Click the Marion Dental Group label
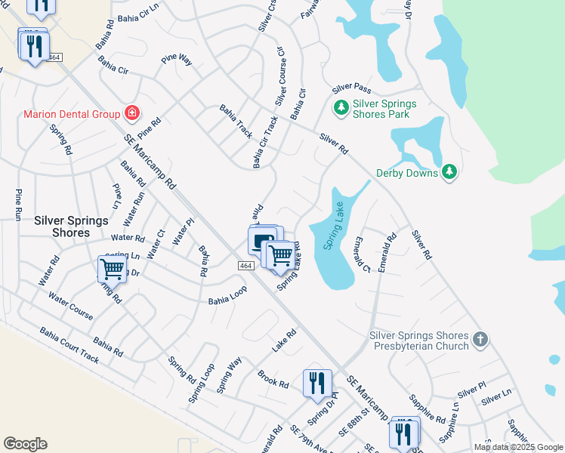pos(72,114)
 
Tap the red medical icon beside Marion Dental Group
pos(132,113)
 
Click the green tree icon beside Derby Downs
pos(449,173)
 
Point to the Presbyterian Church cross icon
pos(481,341)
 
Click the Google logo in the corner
pos(25,444)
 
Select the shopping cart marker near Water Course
pos(112,268)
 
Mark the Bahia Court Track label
pos(69,345)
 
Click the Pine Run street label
pos(17,205)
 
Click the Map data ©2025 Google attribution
pos(518,447)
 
